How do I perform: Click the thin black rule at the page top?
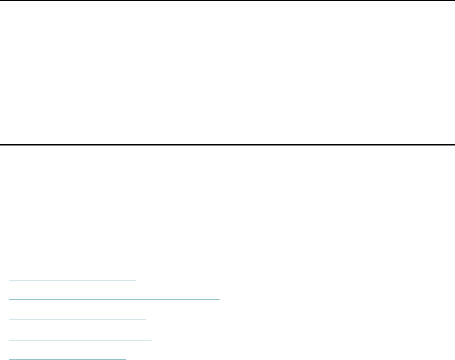click(227, 1)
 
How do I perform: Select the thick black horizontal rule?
click(227, 144)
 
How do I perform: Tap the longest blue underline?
click(114, 299)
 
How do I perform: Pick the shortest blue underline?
click(68, 359)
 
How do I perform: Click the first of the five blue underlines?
click(73, 279)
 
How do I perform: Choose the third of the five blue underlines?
click(78, 320)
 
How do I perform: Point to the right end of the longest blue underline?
click(219, 299)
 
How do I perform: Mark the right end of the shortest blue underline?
click(126, 359)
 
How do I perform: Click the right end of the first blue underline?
click(136, 279)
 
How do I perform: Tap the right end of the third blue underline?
click(146, 320)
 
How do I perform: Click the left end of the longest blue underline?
click(10, 299)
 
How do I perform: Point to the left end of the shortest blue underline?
click(10, 359)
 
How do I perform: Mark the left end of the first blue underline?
click(10, 279)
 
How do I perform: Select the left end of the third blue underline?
click(10, 320)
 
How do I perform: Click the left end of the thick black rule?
click(1, 144)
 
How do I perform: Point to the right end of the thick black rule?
click(453, 144)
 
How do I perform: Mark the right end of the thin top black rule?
click(453, 1)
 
